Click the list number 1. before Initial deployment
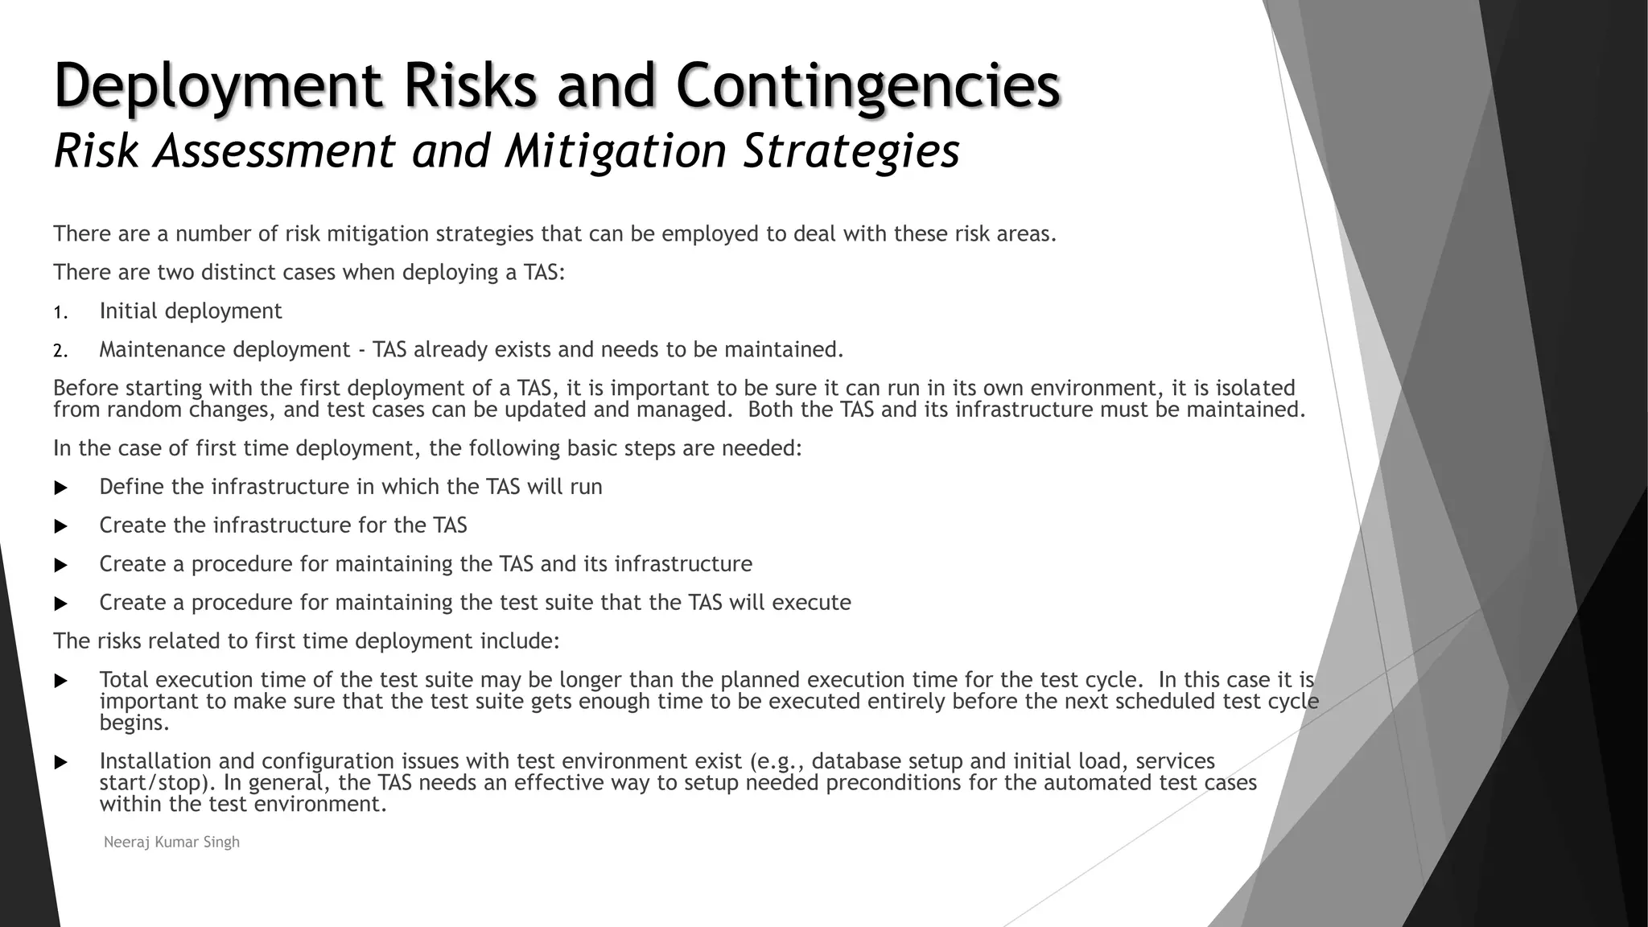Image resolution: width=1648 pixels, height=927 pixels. pos(61,312)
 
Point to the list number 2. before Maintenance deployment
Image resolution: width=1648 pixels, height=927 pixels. pos(61,351)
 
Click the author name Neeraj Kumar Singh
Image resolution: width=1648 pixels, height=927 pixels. pos(171,843)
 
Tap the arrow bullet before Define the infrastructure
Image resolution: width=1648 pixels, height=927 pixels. pos(60,488)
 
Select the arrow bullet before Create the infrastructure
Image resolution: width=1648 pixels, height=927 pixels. pos(60,526)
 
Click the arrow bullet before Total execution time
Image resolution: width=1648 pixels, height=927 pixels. pos(60,681)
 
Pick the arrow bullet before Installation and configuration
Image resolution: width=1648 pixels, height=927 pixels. pos(60,762)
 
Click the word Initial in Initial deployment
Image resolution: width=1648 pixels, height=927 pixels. pos(128,311)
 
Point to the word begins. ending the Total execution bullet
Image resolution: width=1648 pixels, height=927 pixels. pos(134,723)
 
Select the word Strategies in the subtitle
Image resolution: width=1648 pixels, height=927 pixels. pos(851,150)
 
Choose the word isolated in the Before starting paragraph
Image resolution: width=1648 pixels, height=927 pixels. pos(1255,388)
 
